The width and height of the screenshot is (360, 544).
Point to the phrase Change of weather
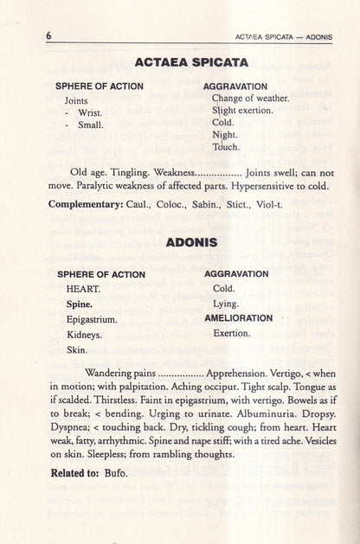coord(250,98)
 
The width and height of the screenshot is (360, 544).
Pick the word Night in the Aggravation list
coord(224,135)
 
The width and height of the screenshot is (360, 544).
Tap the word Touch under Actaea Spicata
coord(226,147)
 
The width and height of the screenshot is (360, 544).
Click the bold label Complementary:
coord(89,203)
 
